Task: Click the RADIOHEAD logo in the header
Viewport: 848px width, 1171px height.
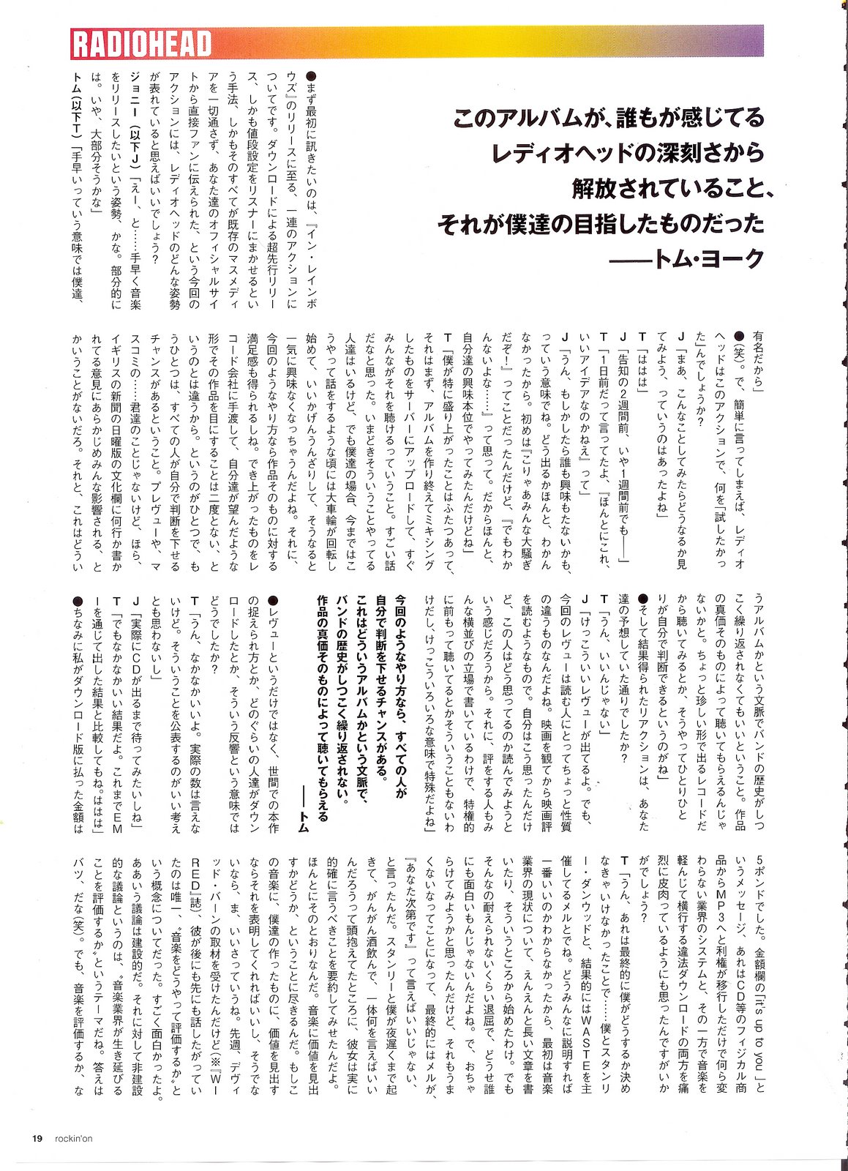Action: pos(142,44)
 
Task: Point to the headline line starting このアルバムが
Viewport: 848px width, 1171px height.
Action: pos(608,117)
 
